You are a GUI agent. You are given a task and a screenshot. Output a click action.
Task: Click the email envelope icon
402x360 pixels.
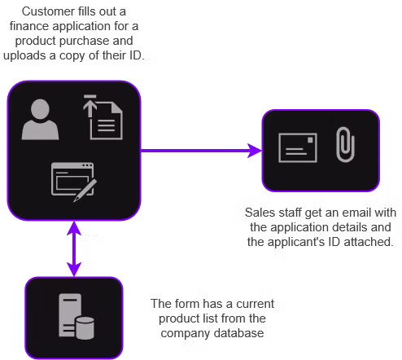point(297,147)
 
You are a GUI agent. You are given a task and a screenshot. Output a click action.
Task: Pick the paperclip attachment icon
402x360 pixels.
point(345,145)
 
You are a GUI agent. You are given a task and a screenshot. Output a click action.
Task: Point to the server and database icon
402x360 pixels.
point(75,316)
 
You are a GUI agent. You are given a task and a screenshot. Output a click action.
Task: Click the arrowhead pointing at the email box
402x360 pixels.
point(254,151)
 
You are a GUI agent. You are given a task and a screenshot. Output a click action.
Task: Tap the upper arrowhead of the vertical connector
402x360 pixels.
point(75,230)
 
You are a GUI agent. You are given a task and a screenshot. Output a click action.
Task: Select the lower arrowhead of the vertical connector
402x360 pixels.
point(75,269)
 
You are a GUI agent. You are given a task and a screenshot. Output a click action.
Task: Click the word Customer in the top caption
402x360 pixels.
point(46,13)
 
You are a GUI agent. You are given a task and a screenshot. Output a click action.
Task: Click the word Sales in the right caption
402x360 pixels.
point(259,212)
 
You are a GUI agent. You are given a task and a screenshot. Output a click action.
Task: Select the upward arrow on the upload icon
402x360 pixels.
point(89,106)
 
